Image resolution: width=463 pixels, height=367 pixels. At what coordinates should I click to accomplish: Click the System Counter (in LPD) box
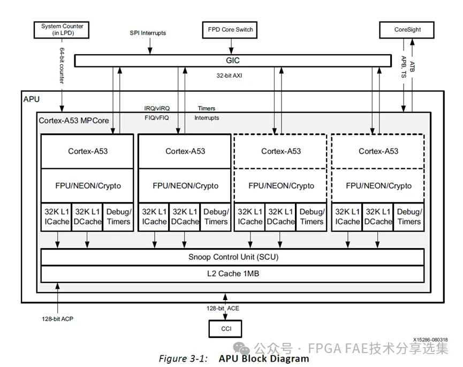coord(62,29)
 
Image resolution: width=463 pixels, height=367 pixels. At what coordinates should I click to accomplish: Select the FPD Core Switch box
coord(230,29)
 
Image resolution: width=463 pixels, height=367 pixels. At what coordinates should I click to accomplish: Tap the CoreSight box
coord(407,29)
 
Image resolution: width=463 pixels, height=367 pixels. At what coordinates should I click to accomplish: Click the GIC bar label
coord(233,61)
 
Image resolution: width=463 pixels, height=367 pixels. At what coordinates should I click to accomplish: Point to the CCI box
coord(225,328)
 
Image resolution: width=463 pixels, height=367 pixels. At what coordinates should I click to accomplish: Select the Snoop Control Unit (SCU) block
coord(233,257)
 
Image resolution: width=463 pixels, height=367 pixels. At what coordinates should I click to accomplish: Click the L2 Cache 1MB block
coord(233,274)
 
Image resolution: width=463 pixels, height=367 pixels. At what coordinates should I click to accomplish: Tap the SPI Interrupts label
coord(148,33)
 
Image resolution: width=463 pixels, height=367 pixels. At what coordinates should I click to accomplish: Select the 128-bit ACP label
coord(57,319)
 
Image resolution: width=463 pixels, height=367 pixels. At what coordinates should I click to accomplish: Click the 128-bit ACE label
coord(223,308)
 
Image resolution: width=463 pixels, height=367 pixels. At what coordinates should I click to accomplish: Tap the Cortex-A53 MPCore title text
coord(74,121)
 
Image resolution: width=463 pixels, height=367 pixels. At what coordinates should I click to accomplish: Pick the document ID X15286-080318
coord(430,340)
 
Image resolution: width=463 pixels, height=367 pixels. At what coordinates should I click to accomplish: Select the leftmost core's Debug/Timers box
coord(118,217)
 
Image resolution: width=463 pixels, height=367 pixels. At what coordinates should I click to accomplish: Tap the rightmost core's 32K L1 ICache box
coord(347,217)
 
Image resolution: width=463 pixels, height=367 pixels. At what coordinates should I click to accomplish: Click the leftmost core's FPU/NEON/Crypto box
coord(88,185)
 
